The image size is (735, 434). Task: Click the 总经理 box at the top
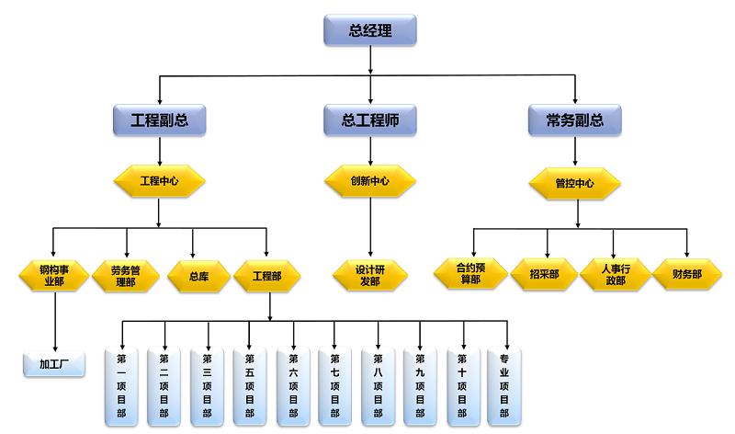[x=370, y=30]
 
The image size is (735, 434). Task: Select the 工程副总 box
[x=159, y=119]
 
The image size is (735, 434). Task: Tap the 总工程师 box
[x=370, y=119]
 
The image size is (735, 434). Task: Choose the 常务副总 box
[x=575, y=119]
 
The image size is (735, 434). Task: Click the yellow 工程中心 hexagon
[x=159, y=180]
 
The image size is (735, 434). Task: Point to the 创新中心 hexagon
[x=370, y=180]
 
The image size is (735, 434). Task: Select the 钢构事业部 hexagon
[x=53, y=275]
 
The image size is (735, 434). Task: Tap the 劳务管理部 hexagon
[x=124, y=275]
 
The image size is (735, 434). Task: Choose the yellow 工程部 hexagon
[x=267, y=275]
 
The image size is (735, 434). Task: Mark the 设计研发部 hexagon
[x=370, y=274]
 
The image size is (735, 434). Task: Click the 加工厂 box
[x=54, y=363]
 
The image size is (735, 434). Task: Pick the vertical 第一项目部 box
[x=123, y=386]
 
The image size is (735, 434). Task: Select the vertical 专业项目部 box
[x=504, y=386]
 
